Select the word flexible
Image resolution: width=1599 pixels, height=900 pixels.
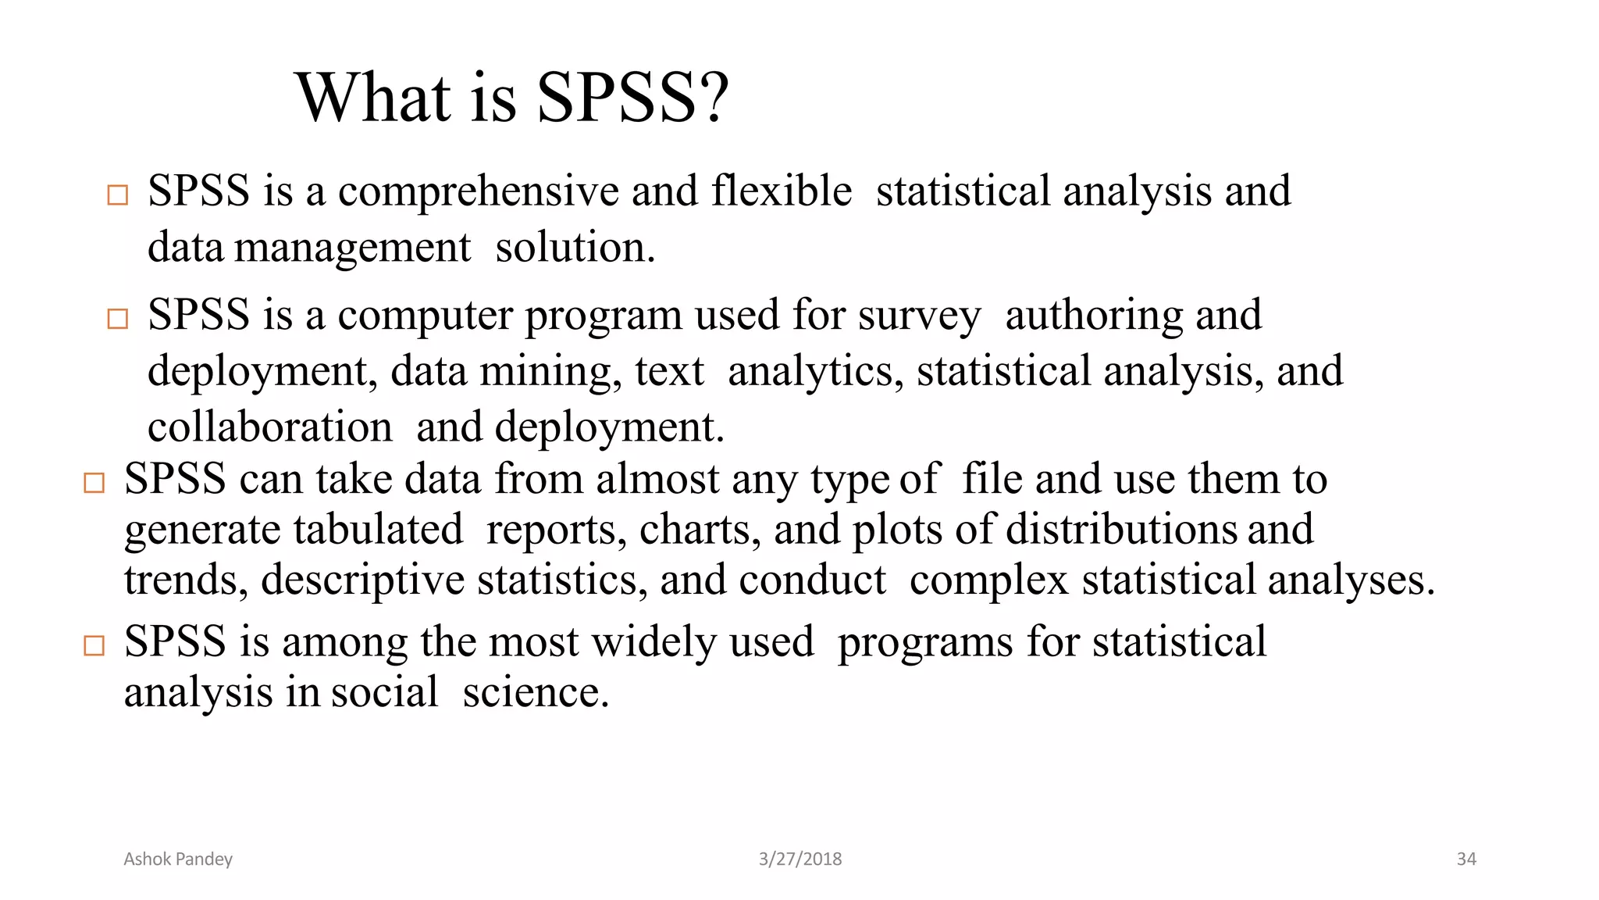(x=782, y=191)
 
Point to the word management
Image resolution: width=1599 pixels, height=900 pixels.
(x=353, y=248)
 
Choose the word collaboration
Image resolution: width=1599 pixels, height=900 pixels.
(x=270, y=427)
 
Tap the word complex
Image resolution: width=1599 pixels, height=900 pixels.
(x=988, y=580)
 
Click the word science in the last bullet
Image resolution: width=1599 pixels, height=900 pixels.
(x=536, y=693)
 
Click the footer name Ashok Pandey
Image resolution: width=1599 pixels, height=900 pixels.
(x=178, y=859)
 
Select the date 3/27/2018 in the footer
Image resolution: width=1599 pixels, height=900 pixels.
(x=800, y=859)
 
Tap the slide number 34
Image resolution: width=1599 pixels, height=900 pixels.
(x=1466, y=859)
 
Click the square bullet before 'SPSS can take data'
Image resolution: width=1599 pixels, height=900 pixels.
(x=94, y=483)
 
